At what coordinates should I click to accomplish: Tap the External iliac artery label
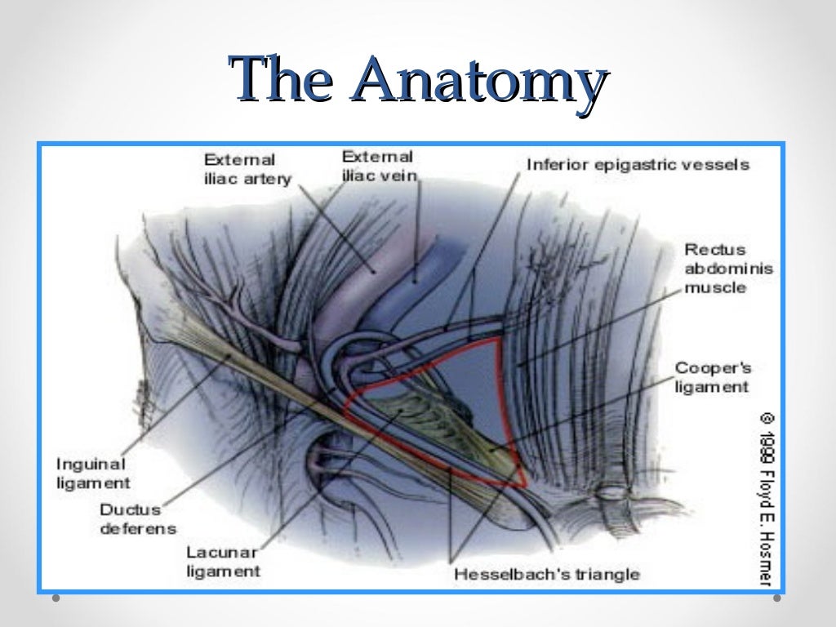(247, 169)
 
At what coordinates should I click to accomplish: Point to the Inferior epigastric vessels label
(638, 165)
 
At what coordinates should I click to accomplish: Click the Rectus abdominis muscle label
(715, 269)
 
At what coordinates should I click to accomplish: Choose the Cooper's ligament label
(712, 377)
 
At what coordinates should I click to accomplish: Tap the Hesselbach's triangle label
(546, 574)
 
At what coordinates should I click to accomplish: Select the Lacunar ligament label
(223, 562)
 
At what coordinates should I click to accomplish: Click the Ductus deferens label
(137, 519)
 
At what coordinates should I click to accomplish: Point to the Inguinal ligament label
(92, 474)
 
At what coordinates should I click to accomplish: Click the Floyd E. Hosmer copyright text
(767, 498)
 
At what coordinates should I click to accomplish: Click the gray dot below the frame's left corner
(56, 598)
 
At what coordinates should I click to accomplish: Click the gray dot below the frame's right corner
(776, 598)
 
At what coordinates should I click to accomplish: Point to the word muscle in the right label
(714, 287)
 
